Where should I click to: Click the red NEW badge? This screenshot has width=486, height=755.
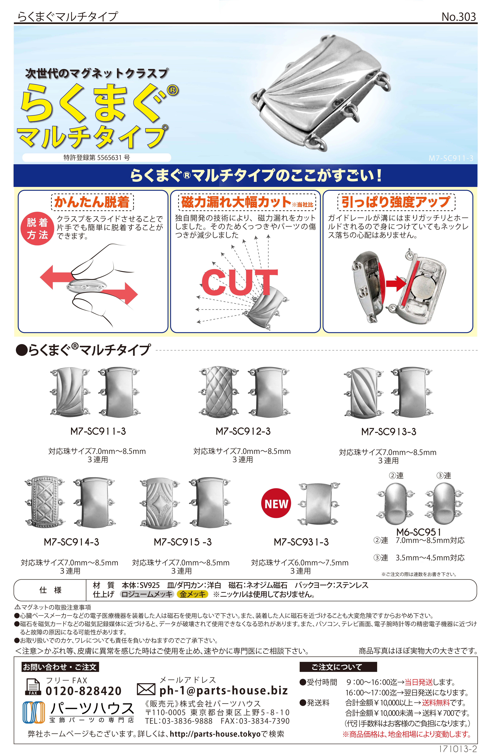click(x=276, y=503)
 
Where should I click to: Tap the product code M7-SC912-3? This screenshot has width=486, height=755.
click(x=243, y=431)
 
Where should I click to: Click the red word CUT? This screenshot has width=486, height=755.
click(x=240, y=282)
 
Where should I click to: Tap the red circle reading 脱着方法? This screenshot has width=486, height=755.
click(x=37, y=229)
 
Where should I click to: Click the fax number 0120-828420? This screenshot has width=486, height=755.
click(x=84, y=691)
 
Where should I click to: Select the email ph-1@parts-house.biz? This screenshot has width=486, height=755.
click(x=223, y=691)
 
